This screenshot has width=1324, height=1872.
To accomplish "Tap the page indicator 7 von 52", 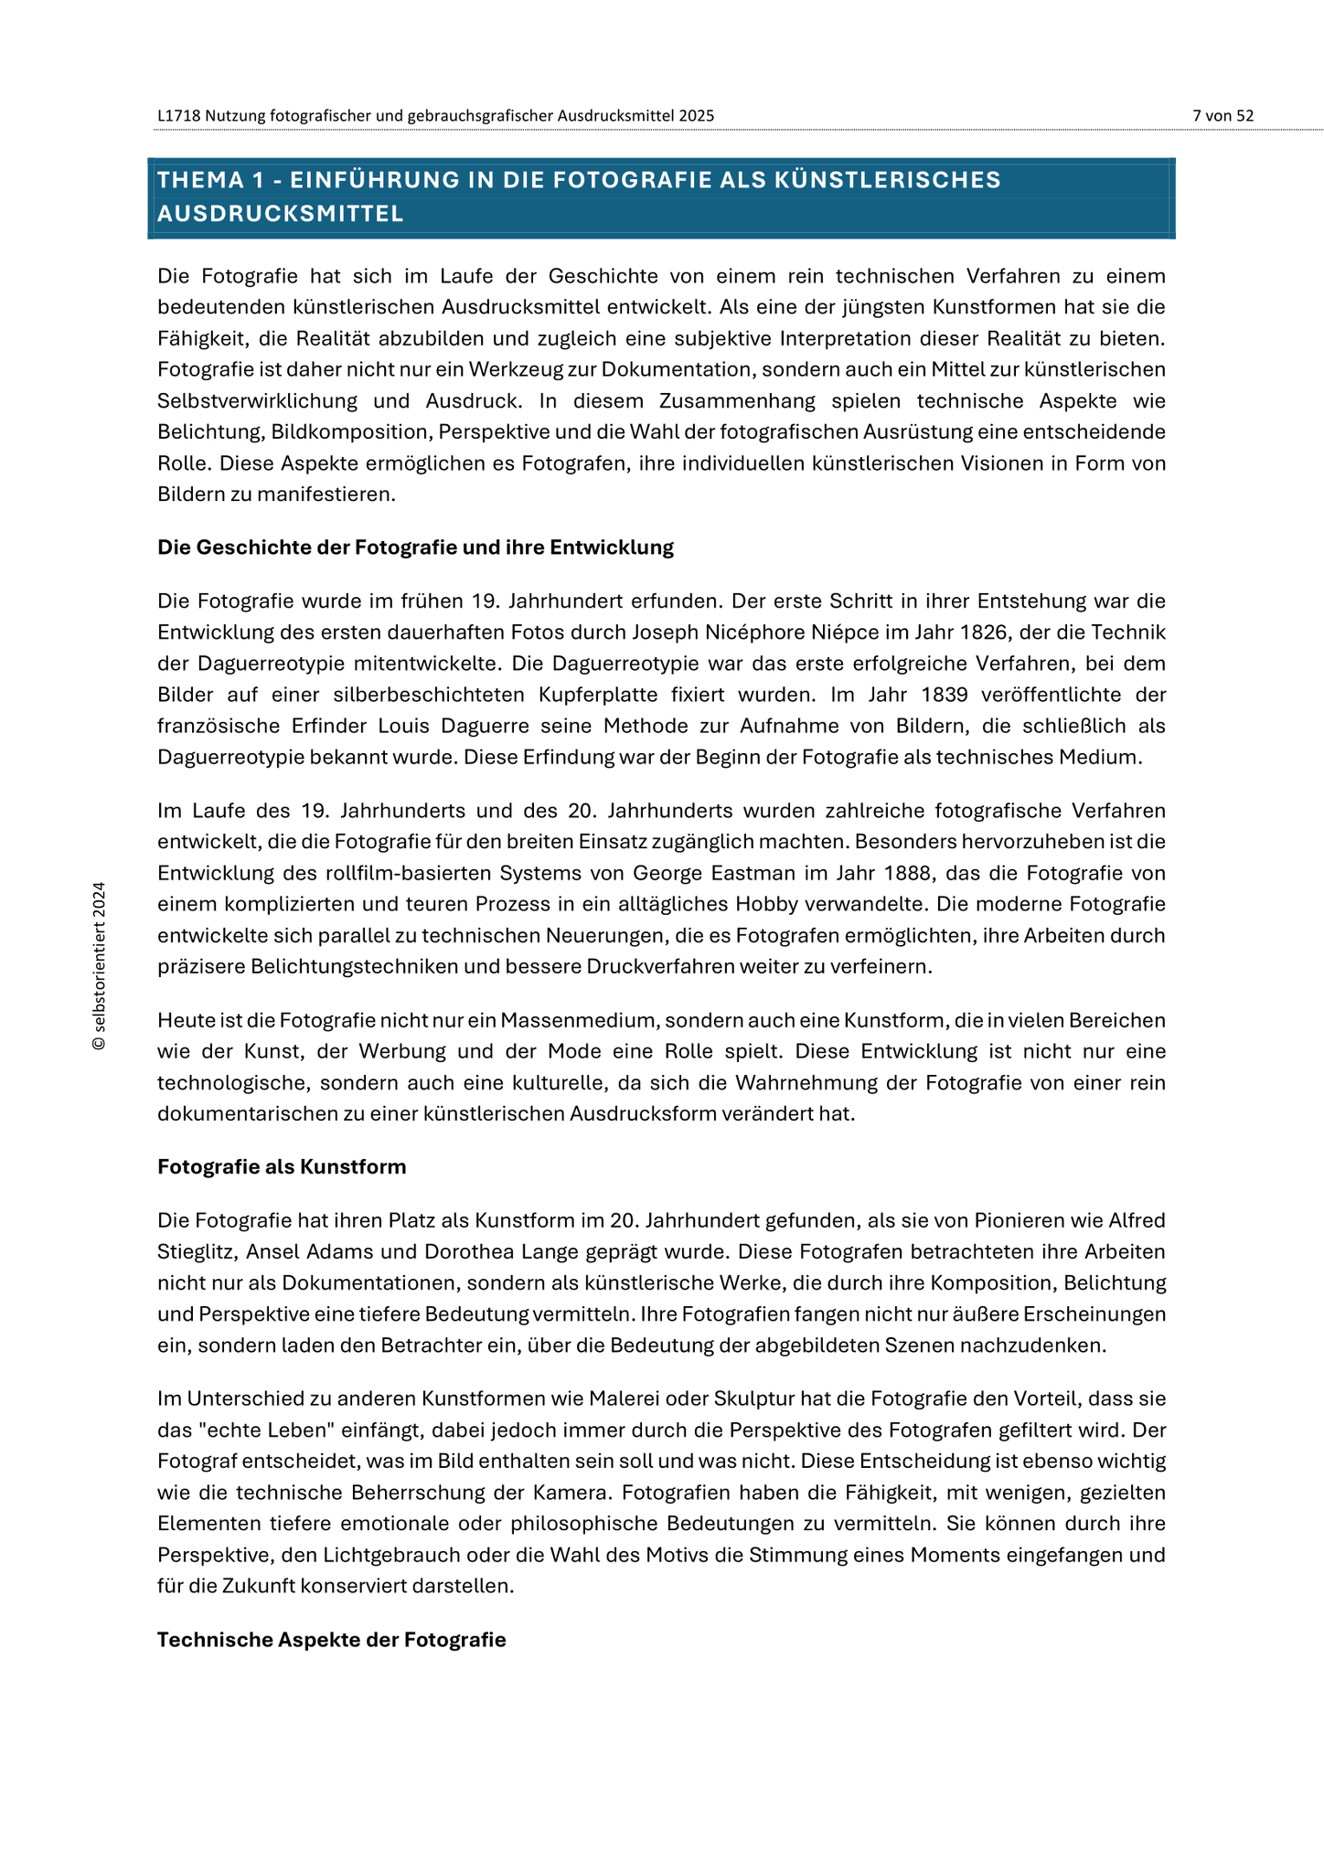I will (x=1223, y=116).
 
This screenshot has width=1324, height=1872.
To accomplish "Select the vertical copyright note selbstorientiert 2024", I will (x=100, y=965).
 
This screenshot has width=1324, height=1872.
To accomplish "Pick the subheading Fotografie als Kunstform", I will (x=282, y=1167).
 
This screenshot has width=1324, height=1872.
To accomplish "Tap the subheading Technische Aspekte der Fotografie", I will (x=331, y=1640).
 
